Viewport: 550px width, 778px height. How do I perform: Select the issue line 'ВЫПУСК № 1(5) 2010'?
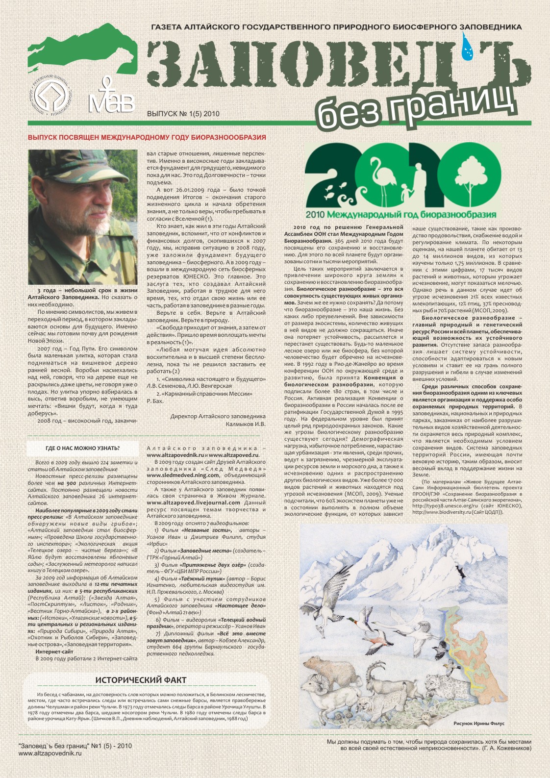pos(183,114)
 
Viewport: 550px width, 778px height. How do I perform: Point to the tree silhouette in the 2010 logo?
pos(471,177)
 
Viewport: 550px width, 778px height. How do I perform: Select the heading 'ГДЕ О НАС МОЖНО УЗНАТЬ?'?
pos(82,448)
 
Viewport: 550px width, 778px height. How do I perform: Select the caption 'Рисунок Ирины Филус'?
pos(478,723)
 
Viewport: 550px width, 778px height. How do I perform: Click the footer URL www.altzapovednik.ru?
pos(50,753)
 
